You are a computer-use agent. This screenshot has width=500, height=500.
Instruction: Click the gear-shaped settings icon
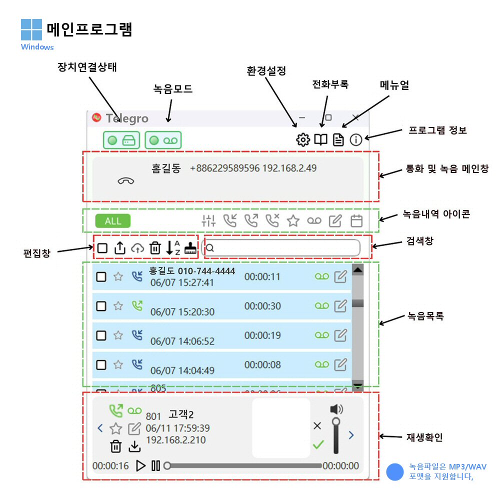(303, 140)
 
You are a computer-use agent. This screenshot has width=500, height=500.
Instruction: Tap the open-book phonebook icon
(320, 140)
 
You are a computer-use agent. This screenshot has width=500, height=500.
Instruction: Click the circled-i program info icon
(355, 140)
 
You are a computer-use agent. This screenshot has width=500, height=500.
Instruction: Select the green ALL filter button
(113, 221)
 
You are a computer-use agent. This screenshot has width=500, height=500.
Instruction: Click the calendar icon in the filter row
(356, 221)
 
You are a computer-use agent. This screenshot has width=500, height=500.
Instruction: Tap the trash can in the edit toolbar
(155, 247)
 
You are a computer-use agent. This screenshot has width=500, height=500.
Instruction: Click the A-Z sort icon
(173, 247)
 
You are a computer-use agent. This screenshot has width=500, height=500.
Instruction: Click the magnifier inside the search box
(210, 247)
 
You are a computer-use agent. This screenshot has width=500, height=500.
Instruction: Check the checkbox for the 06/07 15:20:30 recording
(101, 306)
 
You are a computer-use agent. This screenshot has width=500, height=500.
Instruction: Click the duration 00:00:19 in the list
(262, 335)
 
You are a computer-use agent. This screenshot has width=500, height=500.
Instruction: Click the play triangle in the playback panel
(141, 465)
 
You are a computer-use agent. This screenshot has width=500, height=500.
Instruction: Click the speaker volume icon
(336, 409)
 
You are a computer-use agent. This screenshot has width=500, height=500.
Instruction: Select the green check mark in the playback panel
(318, 443)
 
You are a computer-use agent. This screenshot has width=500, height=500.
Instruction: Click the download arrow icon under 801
(134, 446)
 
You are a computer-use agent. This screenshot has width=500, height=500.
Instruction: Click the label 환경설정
(266, 70)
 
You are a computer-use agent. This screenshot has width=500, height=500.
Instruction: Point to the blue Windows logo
(31, 29)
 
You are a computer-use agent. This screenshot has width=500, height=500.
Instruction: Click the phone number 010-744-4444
(206, 271)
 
